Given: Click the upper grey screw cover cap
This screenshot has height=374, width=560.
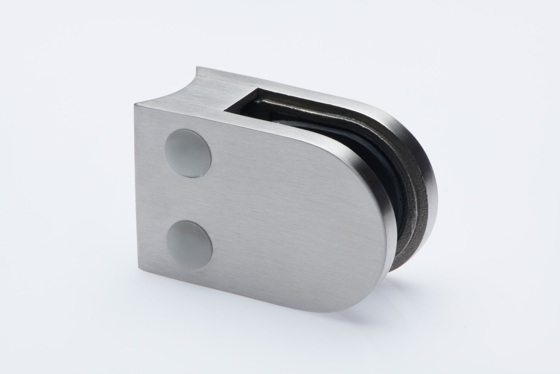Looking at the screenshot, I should coord(188,160).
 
